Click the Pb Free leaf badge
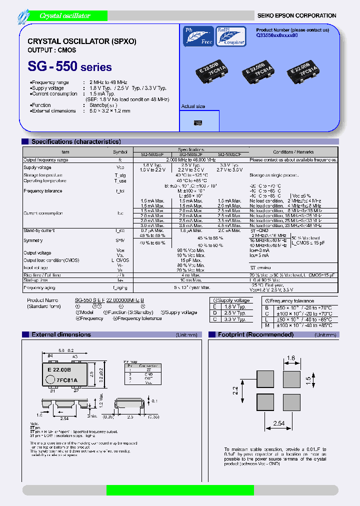pos(198,36)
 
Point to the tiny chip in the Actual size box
pos(198,122)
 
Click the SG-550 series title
pos(69,66)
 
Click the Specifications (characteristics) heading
pos(75,142)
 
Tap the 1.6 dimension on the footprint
pos(291,358)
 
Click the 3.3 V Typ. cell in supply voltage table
pos(234,319)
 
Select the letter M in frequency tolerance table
pos(267,325)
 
